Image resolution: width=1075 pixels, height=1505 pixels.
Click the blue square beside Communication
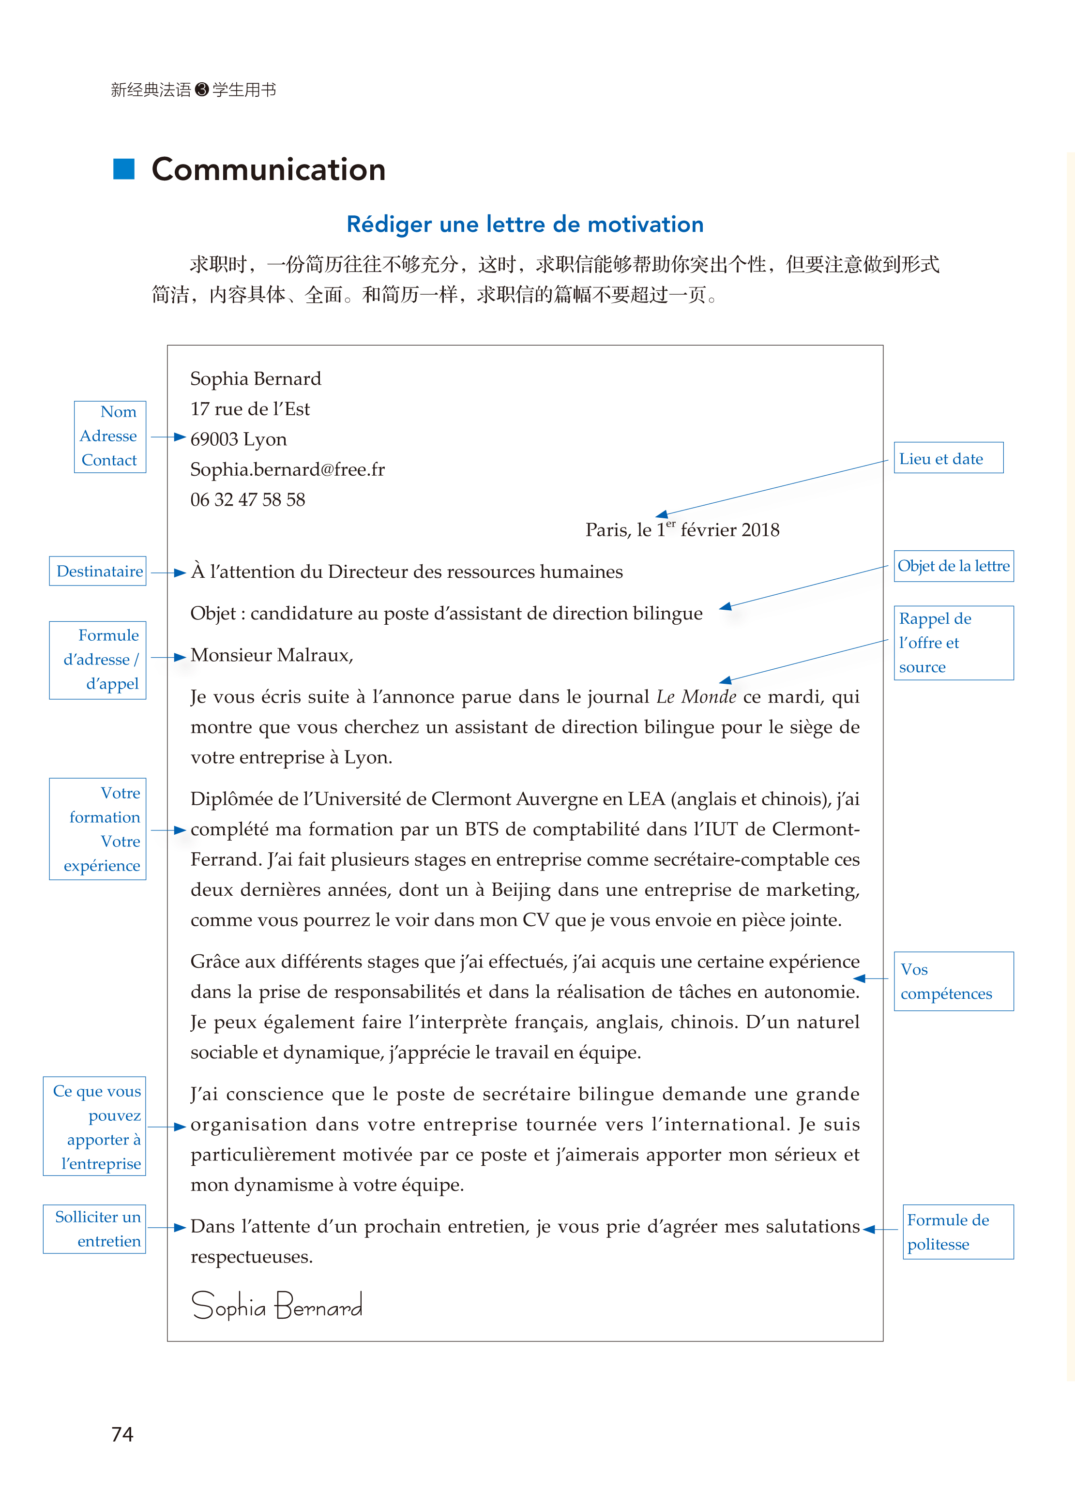point(124,169)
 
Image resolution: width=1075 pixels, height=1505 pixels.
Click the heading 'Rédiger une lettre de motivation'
point(525,225)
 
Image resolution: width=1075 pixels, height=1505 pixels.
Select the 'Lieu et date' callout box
point(948,458)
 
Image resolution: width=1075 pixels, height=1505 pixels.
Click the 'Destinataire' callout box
point(98,571)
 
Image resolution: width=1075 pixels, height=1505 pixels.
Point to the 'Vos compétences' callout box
point(953,981)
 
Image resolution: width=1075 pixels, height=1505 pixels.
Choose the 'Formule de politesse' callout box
point(957,1232)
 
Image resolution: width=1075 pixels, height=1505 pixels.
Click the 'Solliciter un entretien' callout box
point(95,1229)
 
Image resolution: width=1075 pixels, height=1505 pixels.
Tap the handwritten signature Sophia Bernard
point(277,1306)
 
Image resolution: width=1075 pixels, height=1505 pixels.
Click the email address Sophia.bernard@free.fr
point(288,469)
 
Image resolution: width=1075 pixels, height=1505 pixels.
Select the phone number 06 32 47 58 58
point(247,500)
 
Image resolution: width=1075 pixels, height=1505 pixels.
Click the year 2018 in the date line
point(760,530)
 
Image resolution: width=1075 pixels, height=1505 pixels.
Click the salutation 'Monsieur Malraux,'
point(272,655)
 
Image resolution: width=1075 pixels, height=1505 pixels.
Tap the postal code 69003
point(214,439)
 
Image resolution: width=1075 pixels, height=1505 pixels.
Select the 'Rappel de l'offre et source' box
point(953,643)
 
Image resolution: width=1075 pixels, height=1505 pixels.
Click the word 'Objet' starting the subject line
point(213,614)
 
